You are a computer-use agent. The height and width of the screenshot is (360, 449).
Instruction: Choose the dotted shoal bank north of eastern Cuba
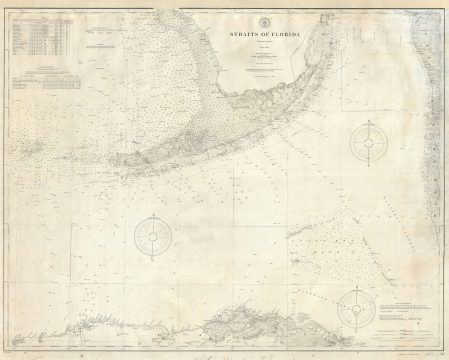[x=320, y=240]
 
